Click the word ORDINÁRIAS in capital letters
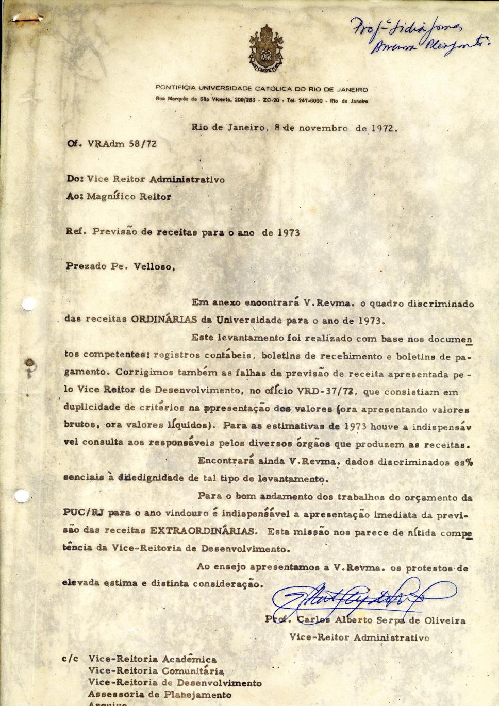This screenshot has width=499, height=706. [x=164, y=320]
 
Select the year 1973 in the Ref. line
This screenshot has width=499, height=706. [x=289, y=232]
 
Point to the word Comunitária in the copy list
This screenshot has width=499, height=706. [x=193, y=671]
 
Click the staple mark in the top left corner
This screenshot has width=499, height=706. [x=26, y=19]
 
